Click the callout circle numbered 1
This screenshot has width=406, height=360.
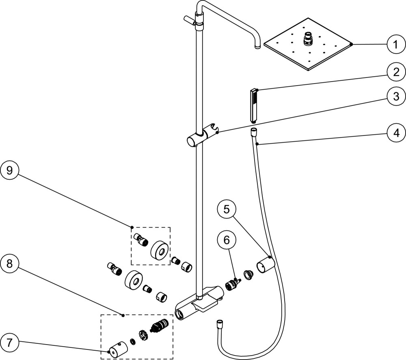coord(396,45)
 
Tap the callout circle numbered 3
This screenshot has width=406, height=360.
coord(396,97)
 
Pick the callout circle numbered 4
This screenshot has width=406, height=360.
coord(396,133)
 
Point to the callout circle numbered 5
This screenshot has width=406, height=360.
coord(227,210)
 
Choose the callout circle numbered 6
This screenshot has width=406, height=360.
coord(227,241)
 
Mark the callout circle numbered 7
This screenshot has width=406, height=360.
coord(9,343)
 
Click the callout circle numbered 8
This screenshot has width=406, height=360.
coord(9,264)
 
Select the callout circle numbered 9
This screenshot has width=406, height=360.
coord(9,171)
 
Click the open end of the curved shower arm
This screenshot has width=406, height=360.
coord(258,47)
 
